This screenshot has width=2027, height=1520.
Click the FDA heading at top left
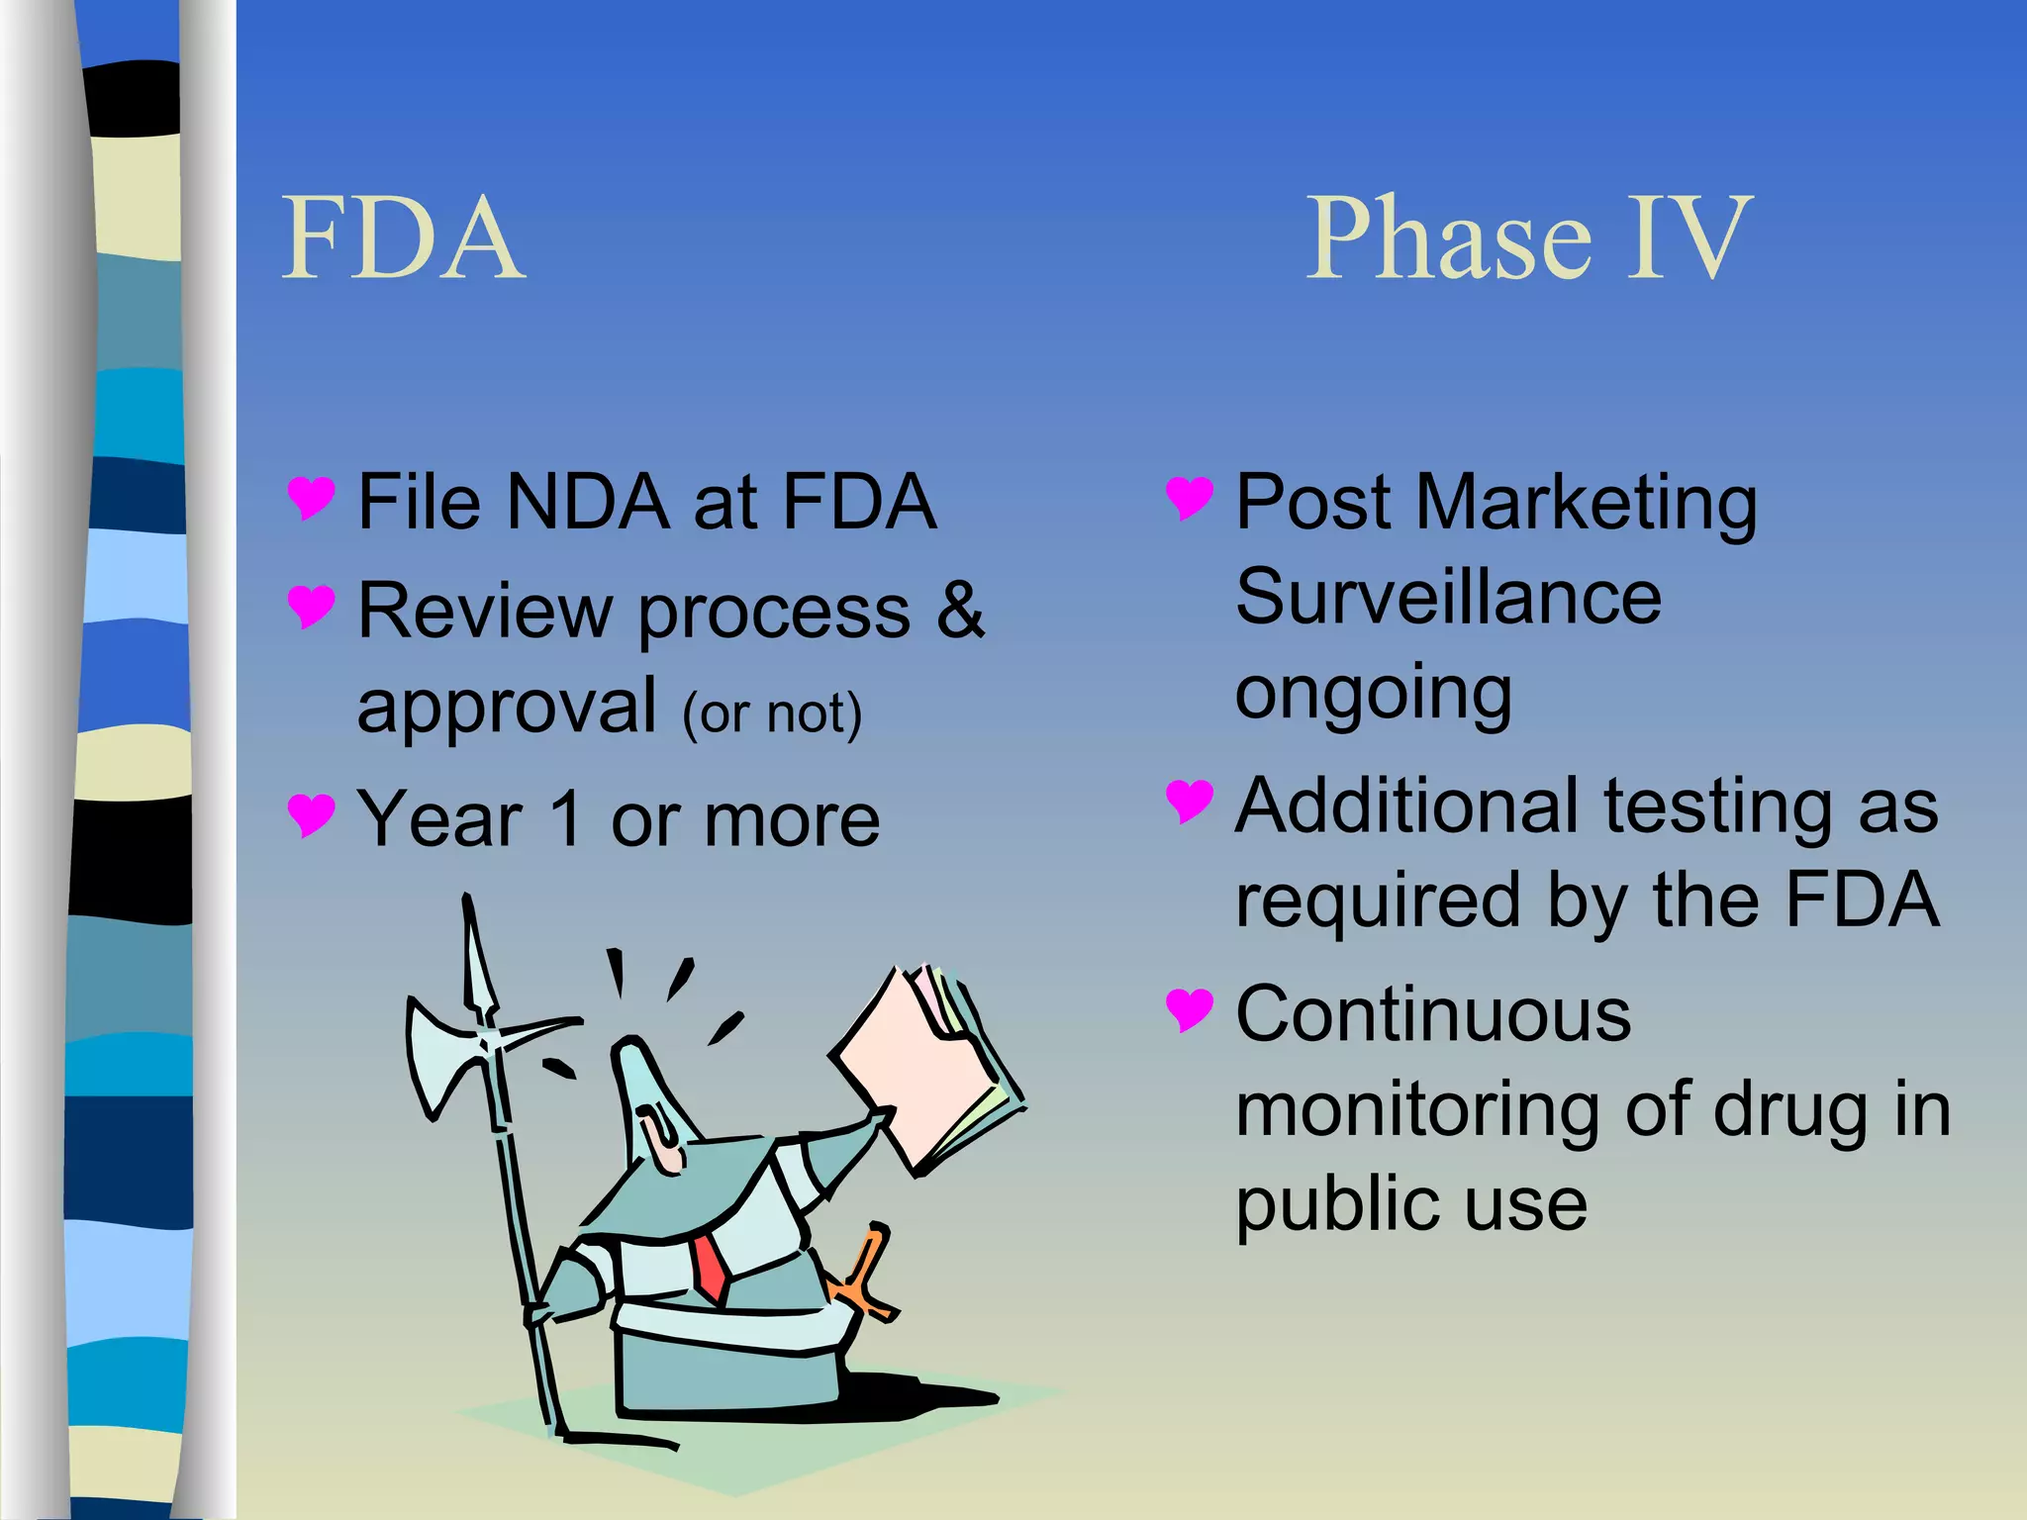pyautogui.click(x=403, y=238)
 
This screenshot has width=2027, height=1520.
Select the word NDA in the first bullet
pyautogui.click(x=586, y=502)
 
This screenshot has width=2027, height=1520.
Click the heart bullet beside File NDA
pyautogui.click(x=311, y=498)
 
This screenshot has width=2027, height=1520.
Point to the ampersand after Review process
pyautogui.click(x=960, y=611)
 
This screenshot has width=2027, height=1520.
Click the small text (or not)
pyautogui.click(x=772, y=713)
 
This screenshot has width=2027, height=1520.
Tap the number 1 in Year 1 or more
pyautogui.click(x=567, y=819)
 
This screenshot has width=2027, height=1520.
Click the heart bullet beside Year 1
pyautogui.click(x=311, y=815)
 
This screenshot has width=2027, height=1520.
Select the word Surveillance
pyautogui.click(x=1448, y=597)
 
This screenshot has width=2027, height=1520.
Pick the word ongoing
pyautogui.click(x=1374, y=694)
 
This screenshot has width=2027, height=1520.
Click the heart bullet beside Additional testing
pyautogui.click(x=1189, y=801)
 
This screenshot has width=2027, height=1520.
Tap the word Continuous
pyautogui.click(x=1433, y=1014)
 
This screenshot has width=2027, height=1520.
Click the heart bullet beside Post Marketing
pyautogui.click(x=1189, y=498)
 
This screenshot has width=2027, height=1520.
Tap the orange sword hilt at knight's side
pyautogui.click(x=863, y=1278)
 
